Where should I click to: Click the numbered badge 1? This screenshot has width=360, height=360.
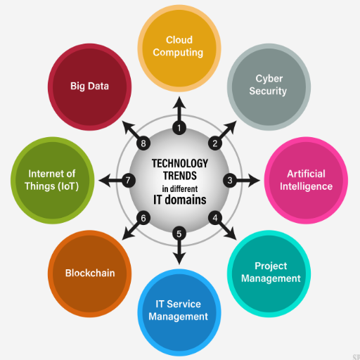click(179, 128)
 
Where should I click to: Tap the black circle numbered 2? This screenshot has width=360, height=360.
click(215, 143)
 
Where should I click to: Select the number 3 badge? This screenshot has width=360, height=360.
click(230, 181)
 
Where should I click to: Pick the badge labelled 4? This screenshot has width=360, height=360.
click(215, 218)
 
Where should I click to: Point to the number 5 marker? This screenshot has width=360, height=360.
click(179, 233)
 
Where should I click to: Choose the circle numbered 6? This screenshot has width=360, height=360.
click(143, 218)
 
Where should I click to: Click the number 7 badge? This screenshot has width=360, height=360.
click(128, 181)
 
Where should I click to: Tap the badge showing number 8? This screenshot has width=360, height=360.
click(143, 143)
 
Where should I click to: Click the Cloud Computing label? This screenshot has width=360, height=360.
click(178, 46)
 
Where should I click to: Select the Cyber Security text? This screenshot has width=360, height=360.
click(268, 85)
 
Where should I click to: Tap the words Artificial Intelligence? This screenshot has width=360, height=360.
click(306, 180)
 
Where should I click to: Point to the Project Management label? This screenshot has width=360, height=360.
click(271, 272)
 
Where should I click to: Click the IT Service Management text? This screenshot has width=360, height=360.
click(178, 310)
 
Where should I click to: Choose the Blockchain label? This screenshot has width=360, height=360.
click(90, 274)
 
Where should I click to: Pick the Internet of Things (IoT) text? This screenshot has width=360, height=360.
click(51, 180)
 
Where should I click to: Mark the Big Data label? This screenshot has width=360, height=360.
click(89, 86)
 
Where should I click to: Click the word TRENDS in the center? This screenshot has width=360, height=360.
click(180, 176)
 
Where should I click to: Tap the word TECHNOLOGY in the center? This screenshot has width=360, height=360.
click(180, 163)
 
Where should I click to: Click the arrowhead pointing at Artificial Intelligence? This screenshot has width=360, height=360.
click(254, 181)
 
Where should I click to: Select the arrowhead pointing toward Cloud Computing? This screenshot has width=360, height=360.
click(179, 103)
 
